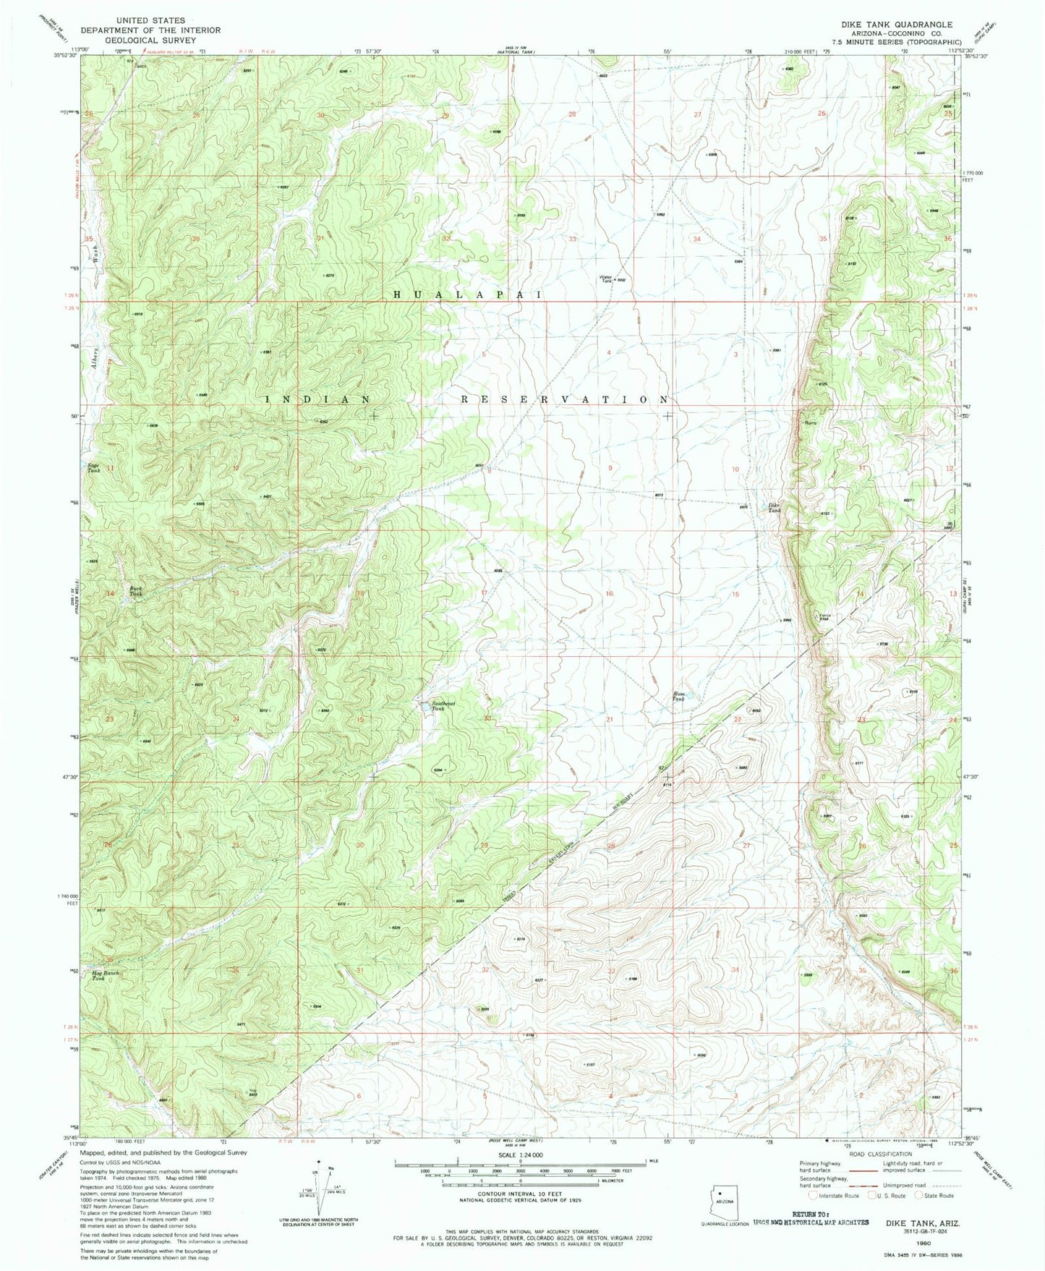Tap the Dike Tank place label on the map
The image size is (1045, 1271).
tap(775, 508)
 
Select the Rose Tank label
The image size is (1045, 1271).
tap(678, 696)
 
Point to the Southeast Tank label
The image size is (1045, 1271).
tap(443, 705)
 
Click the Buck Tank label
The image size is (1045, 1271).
tap(135, 591)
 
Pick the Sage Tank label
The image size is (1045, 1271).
tap(93, 468)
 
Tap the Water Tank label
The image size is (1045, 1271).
tap(605, 279)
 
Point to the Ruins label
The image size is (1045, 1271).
tap(810, 423)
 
